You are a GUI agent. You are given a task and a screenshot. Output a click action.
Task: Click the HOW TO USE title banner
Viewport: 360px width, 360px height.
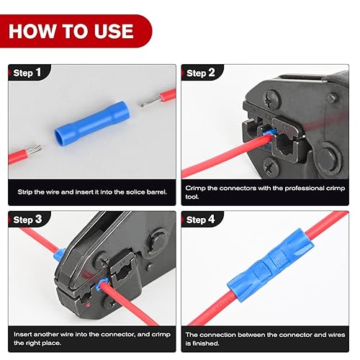pyautogui.click(x=72, y=31)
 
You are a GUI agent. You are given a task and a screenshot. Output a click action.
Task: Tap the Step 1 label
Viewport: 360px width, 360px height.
pyautogui.click(x=29, y=73)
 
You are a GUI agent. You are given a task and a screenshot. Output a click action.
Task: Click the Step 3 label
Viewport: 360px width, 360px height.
pyautogui.click(x=29, y=220)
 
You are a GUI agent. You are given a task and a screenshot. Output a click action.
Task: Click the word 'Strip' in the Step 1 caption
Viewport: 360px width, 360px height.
pyautogui.click(x=28, y=192)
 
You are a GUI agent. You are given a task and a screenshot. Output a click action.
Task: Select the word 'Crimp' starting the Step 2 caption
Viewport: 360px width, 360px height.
pyautogui.click(x=197, y=187)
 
